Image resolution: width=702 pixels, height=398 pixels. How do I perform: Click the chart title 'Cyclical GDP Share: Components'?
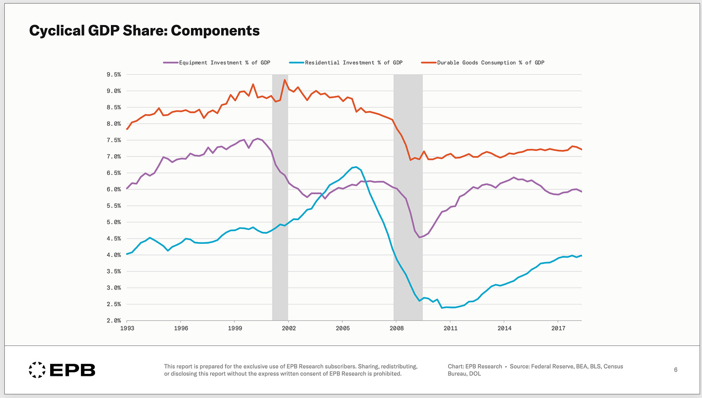click(145, 31)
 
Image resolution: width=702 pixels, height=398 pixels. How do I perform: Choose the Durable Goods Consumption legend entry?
click(483, 63)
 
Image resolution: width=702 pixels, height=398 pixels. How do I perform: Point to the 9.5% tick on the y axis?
click(114, 75)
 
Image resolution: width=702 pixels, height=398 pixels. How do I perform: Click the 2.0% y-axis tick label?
click(114, 320)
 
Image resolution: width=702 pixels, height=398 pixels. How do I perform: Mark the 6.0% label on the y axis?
click(114, 189)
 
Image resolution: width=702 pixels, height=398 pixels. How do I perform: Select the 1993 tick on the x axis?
click(127, 328)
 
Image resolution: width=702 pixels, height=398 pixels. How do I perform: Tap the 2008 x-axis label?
click(396, 328)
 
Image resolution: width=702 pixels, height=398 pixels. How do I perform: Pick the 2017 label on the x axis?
click(558, 328)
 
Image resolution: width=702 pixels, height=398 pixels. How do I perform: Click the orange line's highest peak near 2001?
click(284, 80)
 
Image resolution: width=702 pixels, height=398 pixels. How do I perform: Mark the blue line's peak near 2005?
click(355, 167)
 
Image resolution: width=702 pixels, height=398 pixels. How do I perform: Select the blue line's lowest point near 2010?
click(442, 307)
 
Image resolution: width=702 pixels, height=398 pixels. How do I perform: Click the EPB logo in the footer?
click(62, 370)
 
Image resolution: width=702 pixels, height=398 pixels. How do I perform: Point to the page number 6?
click(675, 370)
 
